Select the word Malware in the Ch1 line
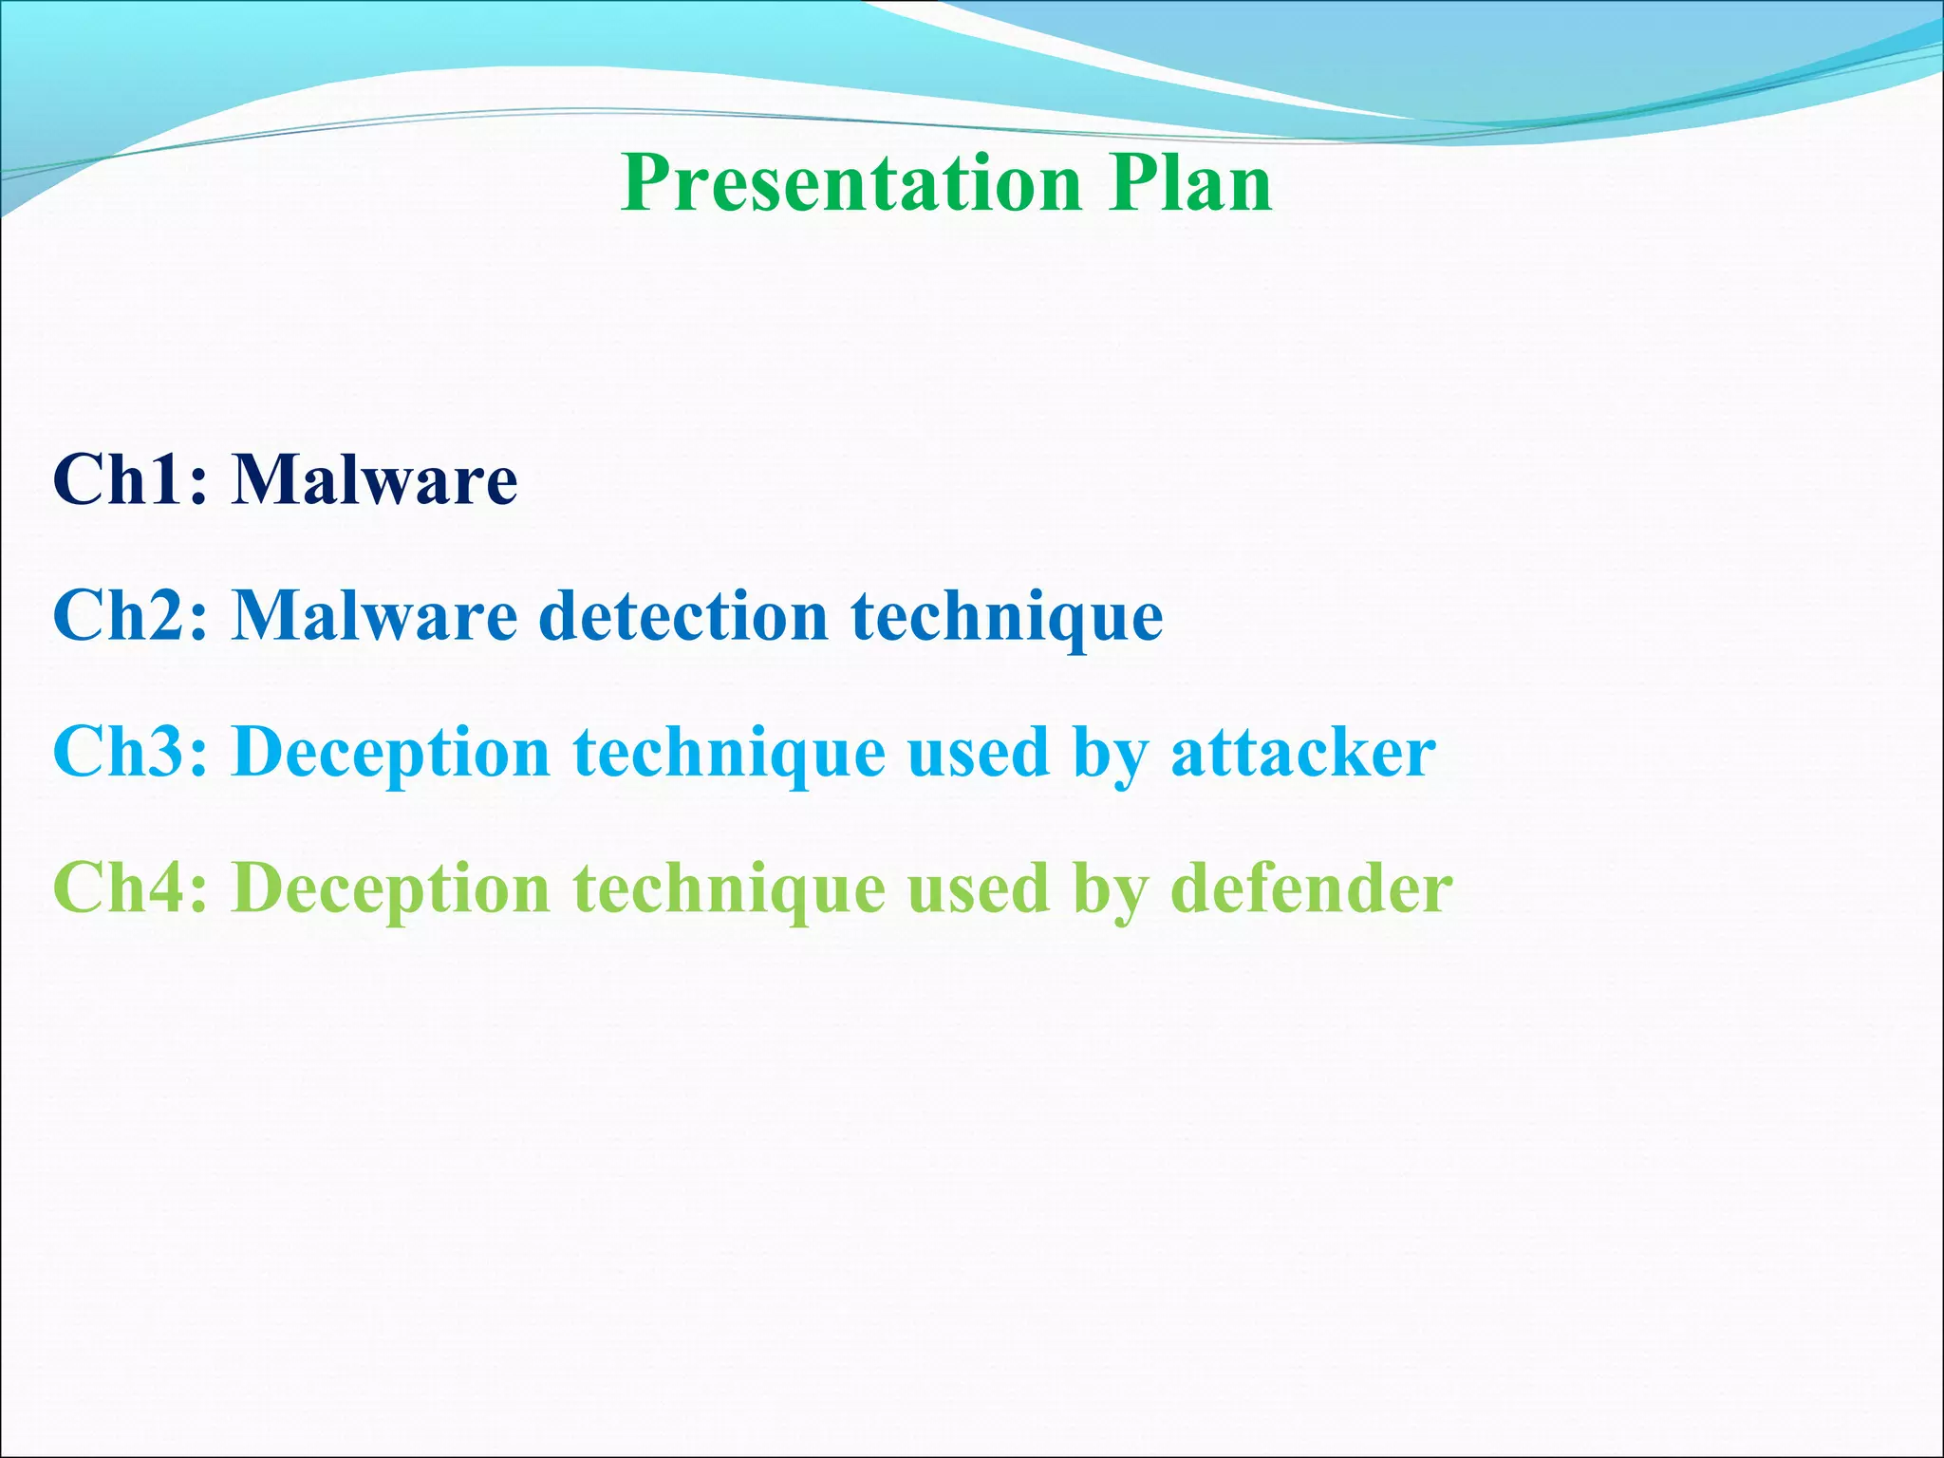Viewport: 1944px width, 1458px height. (x=375, y=479)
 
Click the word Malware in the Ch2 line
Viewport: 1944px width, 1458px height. (x=375, y=616)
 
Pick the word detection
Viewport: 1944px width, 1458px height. (x=683, y=616)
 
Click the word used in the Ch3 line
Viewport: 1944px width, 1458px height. (x=978, y=753)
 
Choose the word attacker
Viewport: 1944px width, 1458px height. (x=1302, y=753)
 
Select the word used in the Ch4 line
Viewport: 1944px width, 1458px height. (x=978, y=889)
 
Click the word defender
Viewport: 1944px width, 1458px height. (x=1311, y=889)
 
